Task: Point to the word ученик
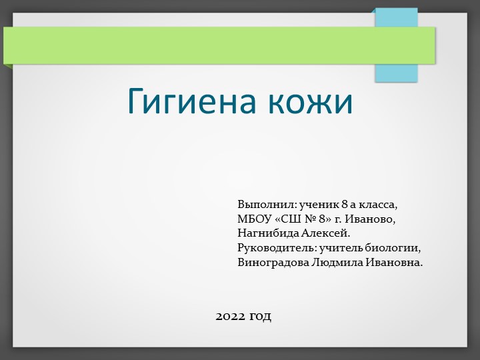(319, 204)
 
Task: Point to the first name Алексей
(326, 233)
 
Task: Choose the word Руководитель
(277, 248)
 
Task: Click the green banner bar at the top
(200, 45)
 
